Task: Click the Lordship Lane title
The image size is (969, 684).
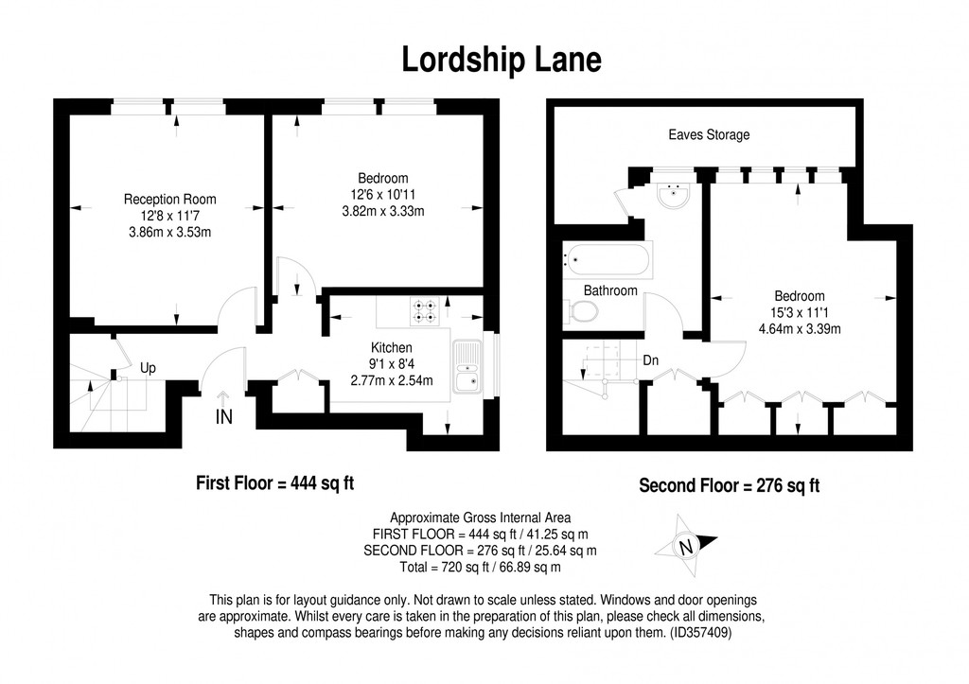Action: click(x=502, y=60)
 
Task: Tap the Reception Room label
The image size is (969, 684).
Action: click(x=170, y=199)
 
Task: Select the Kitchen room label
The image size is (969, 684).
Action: click(x=391, y=347)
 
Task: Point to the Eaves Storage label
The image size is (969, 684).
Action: click(x=709, y=134)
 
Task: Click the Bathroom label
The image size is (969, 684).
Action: click(x=610, y=290)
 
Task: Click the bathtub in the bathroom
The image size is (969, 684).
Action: click(x=607, y=260)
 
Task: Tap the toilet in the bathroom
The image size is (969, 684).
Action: click(x=580, y=311)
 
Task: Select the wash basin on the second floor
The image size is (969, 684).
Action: click(x=674, y=196)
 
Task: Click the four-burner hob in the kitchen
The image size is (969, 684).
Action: click(x=425, y=311)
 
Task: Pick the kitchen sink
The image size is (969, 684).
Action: click(x=467, y=367)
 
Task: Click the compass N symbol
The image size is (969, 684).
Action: click(x=685, y=546)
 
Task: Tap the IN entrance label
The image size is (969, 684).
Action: click(x=223, y=417)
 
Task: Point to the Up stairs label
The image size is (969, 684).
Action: click(x=148, y=368)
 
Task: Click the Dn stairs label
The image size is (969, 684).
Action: click(x=651, y=360)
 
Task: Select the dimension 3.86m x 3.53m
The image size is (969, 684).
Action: click(x=170, y=233)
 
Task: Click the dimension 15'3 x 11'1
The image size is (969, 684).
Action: click(x=800, y=312)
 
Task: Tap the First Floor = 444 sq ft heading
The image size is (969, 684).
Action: click(x=275, y=482)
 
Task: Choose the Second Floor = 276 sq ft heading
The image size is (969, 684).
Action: click(x=730, y=485)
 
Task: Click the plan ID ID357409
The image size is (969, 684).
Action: click(x=700, y=633)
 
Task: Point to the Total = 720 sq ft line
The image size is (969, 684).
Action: click(x=480, y=567)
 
